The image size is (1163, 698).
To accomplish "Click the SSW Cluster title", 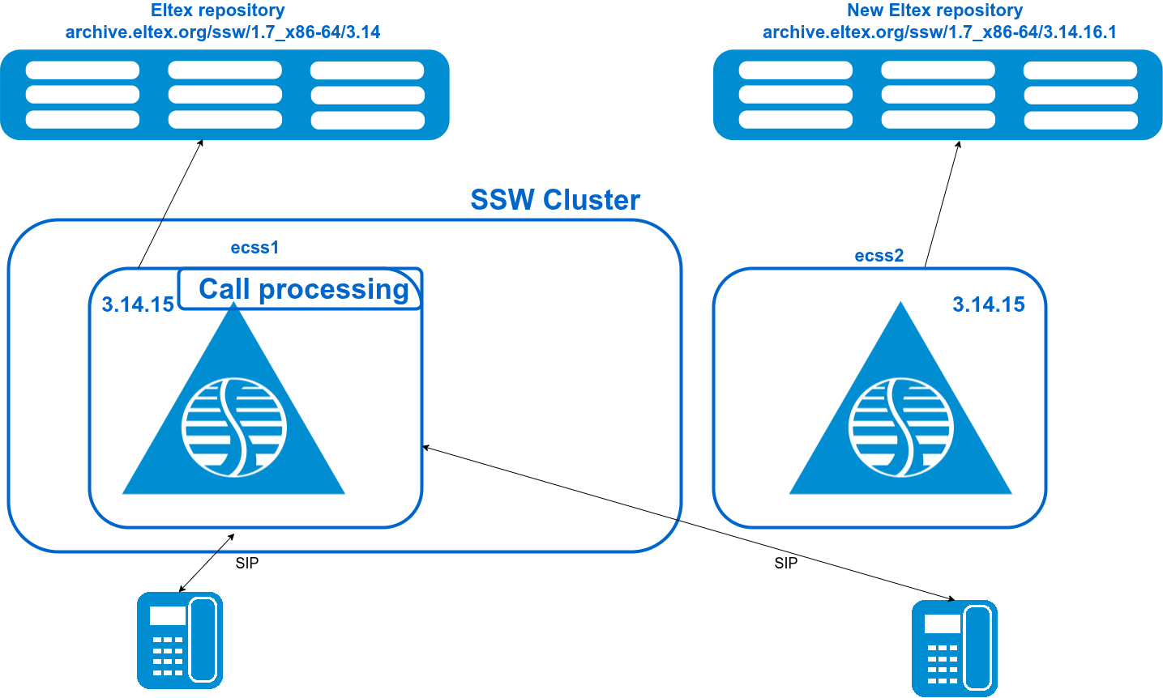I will [x=555, y=200].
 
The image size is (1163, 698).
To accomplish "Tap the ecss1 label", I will [x=254, y=248].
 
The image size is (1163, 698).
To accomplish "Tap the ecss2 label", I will [x=879, y=256].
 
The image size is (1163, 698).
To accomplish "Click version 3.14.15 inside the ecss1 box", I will [x=138, y=304].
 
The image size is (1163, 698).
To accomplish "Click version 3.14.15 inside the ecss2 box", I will [x=988, y=304].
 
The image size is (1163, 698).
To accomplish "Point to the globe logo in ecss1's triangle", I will [x=234, y=426].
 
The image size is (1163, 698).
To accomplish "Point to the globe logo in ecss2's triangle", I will [x=900, y=426].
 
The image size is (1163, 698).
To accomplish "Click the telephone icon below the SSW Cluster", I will [x=180, y=640].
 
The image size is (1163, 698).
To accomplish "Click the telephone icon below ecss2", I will [x=954, y=648].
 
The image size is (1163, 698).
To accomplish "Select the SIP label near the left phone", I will [x=247, y=563].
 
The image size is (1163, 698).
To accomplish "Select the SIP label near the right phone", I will [x=785, y=563].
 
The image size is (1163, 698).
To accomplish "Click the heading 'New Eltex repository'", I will [x=934, y=11].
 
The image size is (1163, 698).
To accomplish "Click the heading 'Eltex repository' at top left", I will [x=218, y=11].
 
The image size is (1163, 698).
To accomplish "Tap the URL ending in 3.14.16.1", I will [x=939, y=32].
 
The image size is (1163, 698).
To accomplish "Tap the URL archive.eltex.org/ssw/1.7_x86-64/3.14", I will [x=223, y=32].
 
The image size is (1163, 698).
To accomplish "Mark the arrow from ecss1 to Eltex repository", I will [x=170, y=203].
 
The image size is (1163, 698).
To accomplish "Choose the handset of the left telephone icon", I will [x=203, y=640].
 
